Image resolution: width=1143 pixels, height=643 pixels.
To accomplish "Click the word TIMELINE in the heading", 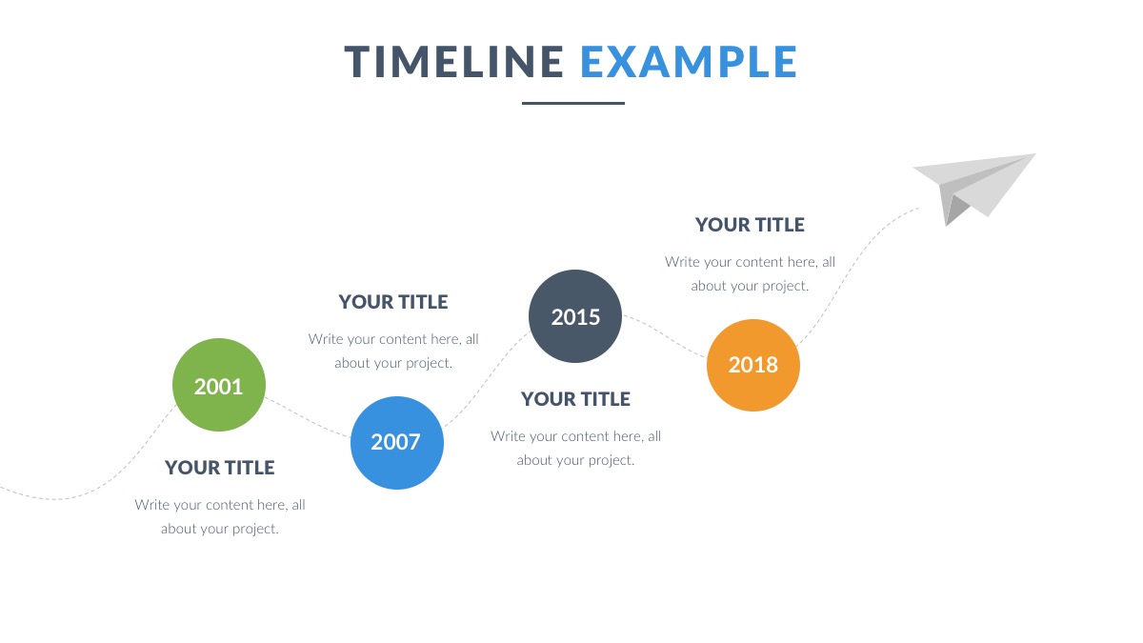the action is point(453,62).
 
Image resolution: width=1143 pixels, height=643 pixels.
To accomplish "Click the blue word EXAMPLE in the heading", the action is point(689,62).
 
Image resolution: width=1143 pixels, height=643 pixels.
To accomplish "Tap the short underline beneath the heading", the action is point(573,103).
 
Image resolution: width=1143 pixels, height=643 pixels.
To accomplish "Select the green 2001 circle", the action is point(219,385).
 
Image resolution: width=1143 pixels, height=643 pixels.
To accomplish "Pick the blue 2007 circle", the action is point(397,442).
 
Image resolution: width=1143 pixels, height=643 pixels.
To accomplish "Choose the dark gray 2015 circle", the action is point(575,316).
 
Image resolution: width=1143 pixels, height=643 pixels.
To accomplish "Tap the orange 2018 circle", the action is point(753,365).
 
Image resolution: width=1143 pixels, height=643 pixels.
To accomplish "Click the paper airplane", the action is point(973,187).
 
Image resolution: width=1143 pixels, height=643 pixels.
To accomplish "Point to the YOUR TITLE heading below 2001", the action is point(219,468).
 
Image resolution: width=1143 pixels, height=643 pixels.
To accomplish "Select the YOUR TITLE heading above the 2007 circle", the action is point(392,302).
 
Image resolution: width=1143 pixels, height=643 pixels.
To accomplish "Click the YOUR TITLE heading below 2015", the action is point(575,399).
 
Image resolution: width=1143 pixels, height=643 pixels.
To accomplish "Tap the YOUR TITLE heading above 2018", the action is point(750,225).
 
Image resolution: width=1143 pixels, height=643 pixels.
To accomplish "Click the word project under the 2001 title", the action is point(255,530).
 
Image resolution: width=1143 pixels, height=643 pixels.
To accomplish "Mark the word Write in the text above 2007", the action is point(326,339).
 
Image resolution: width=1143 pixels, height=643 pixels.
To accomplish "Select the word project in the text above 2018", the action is point(786,287).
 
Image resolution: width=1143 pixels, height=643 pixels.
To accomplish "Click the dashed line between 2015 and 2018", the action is point(665,335).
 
